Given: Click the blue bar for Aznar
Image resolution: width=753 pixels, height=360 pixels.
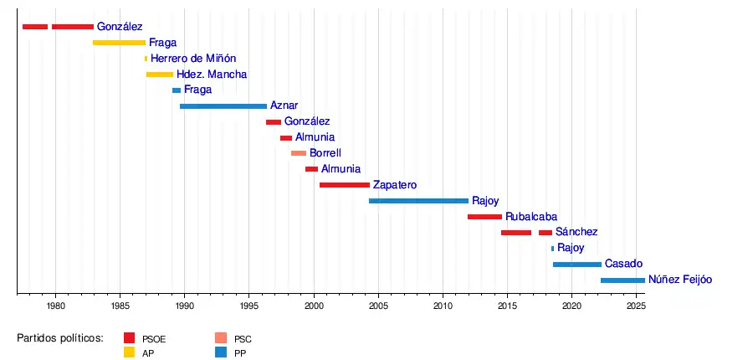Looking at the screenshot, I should tap(223, 106).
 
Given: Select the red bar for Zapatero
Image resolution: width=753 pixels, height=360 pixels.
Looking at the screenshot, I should tap(344, 185).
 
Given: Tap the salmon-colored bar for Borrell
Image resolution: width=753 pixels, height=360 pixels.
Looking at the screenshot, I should tap(299, 153).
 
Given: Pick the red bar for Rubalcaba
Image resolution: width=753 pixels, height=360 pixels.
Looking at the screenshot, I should tap(484, 217).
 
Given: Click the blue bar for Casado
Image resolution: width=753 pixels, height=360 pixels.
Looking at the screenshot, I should tap(576, 265).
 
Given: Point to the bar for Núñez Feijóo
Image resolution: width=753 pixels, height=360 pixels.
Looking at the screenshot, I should tap(622, 280).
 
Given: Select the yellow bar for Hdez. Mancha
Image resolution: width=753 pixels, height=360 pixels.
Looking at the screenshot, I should tap(160, 75).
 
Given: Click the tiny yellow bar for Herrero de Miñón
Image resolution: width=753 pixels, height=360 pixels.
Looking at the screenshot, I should tap(146, 59).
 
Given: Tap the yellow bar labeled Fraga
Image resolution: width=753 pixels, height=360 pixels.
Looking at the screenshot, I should tap(119, 43).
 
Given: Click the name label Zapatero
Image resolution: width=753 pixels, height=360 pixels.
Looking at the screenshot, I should tap(395, 185).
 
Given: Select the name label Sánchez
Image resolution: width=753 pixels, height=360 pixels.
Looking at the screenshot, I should tap(576, 232).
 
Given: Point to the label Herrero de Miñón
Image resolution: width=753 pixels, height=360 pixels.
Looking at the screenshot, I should tap(193, 59).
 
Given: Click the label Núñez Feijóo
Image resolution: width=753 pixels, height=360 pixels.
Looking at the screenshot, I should tap(680, 280).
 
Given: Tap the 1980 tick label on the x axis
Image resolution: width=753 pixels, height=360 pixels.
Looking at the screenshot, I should tap(55, 306).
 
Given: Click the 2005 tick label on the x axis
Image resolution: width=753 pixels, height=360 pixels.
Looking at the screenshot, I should tap(378, 306).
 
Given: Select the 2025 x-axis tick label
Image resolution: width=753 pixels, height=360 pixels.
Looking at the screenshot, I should tap(636, 306).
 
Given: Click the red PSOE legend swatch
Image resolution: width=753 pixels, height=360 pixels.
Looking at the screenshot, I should tap(129, 338).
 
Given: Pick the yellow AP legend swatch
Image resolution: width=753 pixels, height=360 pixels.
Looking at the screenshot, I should tap(129, 352).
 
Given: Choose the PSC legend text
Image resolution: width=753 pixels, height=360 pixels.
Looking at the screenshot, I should tap(243, 339).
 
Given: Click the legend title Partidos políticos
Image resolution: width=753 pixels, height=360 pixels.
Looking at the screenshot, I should tap(59, 338).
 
